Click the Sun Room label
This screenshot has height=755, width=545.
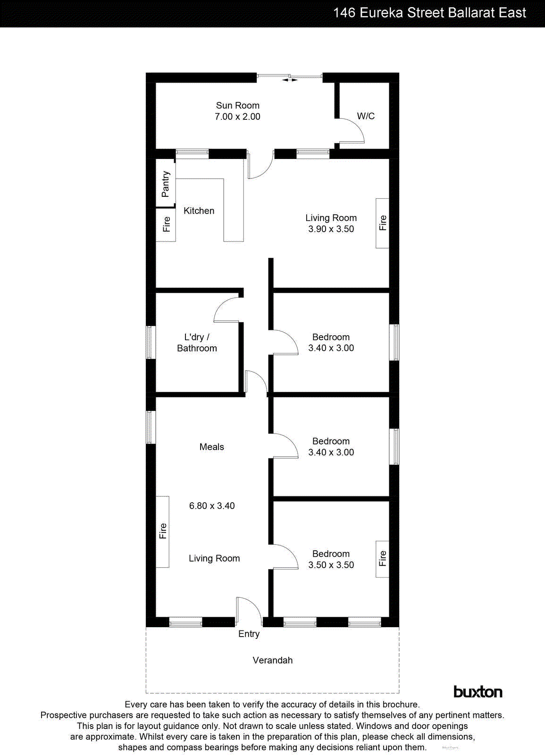237,105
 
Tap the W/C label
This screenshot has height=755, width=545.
366,116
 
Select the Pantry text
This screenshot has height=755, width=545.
165,184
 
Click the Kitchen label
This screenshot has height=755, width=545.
199,211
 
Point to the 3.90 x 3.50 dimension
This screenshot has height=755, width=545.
331,229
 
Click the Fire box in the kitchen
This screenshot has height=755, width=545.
166,225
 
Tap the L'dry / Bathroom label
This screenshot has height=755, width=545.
197,343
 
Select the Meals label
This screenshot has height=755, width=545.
211,447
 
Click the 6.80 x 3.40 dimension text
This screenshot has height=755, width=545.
212,506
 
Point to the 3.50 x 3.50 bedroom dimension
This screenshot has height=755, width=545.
331,565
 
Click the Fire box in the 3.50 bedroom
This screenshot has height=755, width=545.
382,559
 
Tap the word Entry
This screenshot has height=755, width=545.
249,634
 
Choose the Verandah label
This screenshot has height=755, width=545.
272,660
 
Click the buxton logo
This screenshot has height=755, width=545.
478,692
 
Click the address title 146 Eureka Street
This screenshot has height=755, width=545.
429,13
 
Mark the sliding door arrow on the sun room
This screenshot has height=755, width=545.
290,80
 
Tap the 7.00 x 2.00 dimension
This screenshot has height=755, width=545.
237,117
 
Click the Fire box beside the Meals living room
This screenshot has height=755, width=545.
163,532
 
